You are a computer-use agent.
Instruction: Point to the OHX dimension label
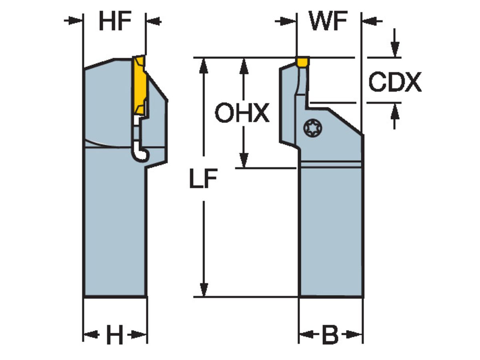[x=242, y=113]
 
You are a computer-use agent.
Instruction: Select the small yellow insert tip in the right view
[x=303, y=62]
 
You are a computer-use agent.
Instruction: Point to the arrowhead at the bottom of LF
[x=204, y=290]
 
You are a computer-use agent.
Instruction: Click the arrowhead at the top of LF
[x=204, y=65]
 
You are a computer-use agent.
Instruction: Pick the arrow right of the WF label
[x=370, y=20]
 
